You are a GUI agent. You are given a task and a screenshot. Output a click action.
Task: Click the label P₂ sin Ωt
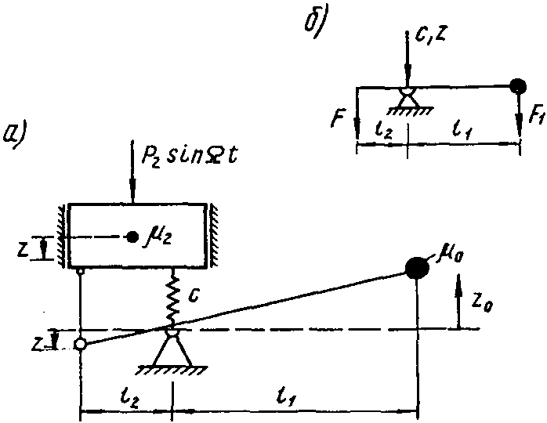(189, 157)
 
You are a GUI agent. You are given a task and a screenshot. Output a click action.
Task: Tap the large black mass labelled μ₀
(417, 267)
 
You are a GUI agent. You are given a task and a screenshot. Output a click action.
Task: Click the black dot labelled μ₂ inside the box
(132, 237)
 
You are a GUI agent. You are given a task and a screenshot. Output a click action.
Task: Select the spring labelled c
(172, 299)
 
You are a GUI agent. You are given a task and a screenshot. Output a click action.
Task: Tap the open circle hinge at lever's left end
(80, 344)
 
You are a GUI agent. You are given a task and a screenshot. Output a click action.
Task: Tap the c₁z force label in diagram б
(430, 35)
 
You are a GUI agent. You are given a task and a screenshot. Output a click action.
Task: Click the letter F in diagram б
(338, 118)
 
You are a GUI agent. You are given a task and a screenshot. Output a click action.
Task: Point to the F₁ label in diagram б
(536, 114)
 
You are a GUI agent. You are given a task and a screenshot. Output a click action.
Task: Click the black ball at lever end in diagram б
(518, 86)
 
